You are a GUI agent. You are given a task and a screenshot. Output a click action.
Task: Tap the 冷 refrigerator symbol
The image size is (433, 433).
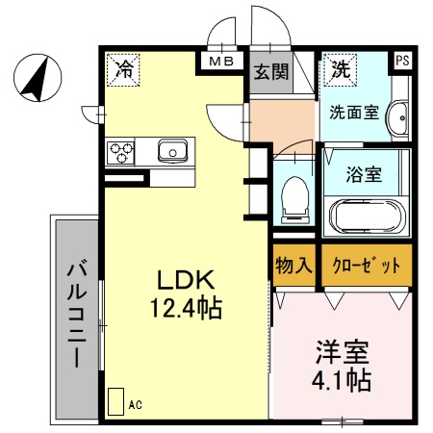123,67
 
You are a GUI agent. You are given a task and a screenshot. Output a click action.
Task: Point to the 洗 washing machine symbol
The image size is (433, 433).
341,68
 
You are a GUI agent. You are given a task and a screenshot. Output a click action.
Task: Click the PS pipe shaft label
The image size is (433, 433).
401,61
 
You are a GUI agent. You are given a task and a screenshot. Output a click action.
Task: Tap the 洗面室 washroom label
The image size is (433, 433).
353,112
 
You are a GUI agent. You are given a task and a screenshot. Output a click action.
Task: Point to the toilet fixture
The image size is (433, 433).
293,198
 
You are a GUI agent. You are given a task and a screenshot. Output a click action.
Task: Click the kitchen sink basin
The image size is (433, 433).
173,150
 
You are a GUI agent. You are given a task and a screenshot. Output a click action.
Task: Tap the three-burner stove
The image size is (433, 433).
122,151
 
